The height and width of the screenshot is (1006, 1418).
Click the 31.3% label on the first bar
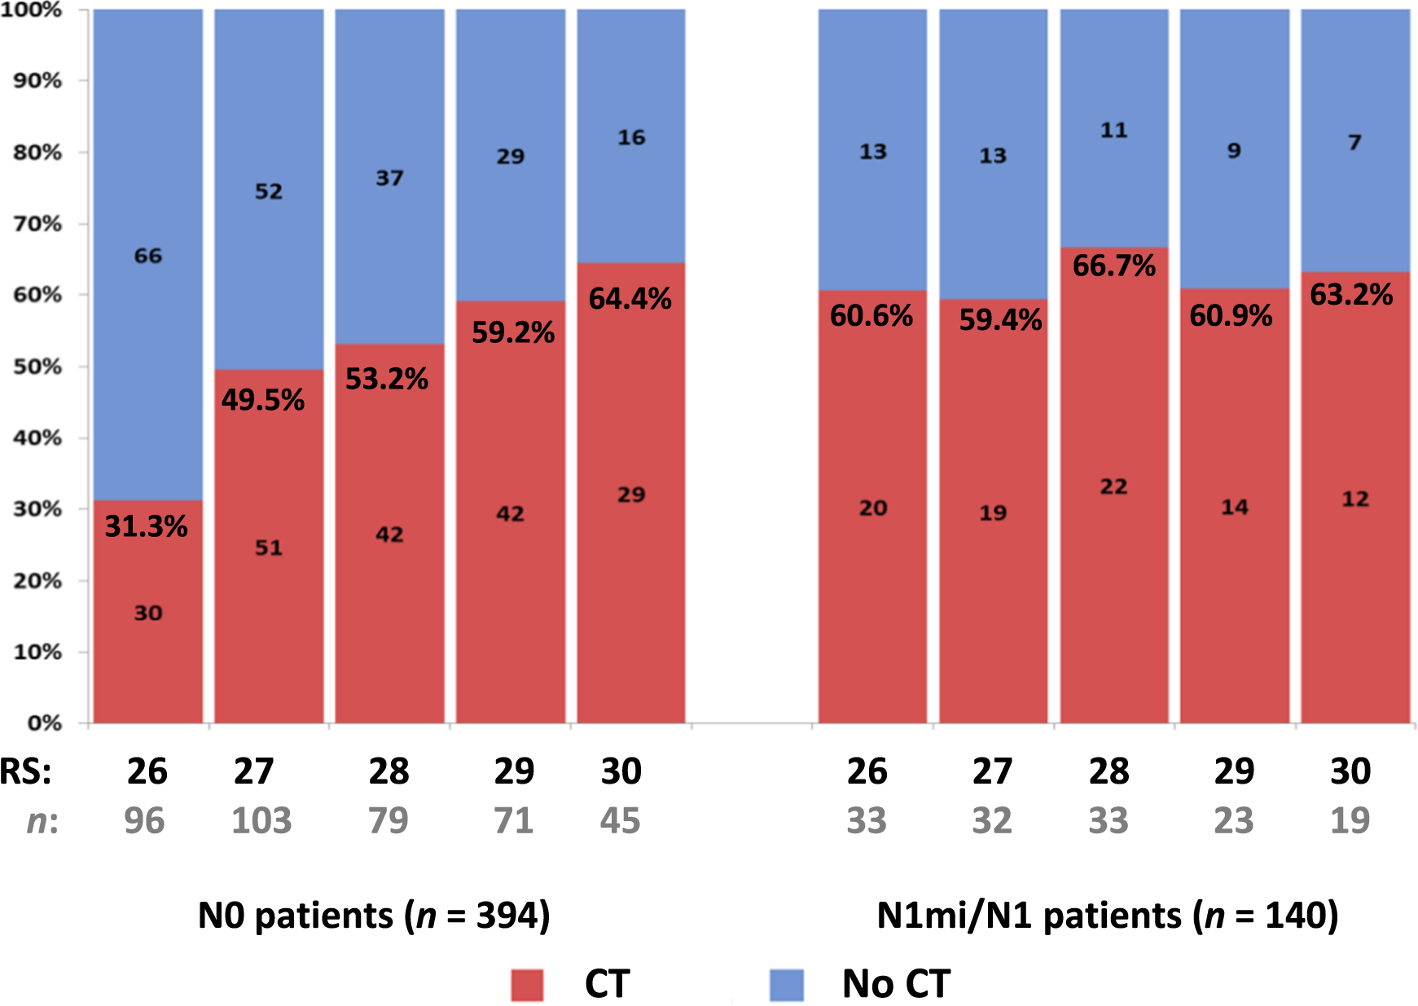pyautogui.click(x=147, y=527)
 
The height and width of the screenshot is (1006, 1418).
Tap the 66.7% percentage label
pyautogui.click(x=1113, y=266)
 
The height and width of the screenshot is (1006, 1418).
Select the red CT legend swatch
pyautogui.click(x=527, y=984)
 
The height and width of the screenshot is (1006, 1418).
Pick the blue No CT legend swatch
pyautogui.click(x=786, y=984)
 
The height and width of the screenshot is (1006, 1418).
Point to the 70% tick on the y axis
pyautogui.click(x=37, y=223)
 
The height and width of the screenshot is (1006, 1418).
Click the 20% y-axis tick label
pyautogui.click(x=37, y=581)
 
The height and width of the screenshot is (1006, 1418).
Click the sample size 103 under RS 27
pyautogui.click(x=261, y=820)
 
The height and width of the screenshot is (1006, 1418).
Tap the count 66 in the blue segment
pyautogui.click(x=148, y=256)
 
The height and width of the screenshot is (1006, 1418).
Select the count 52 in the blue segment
pyautogui.click(x=269, y=191)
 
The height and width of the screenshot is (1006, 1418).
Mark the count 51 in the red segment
pyautogui.click(x=269, y=547)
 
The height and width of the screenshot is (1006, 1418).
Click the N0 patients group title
pyautogui.click(x=374, y=916)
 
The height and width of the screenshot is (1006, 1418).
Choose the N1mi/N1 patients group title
pyautogui.click(x=1107, y=916)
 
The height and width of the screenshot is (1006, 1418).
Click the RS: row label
pyautogui.click(x=26, y=771)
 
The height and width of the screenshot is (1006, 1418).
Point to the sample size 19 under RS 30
pyautogui.click(x=1350, y=820)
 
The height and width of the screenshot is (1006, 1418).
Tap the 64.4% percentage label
pyautogui.click(x=630, y=299)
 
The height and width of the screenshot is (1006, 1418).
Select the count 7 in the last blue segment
pyautogui.click(x=1354, y=143)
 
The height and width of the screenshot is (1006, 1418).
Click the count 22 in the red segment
pyautogui.click(x=1113, y=487)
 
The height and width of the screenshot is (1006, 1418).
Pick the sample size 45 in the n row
pyautogui.click(x=620, y=820)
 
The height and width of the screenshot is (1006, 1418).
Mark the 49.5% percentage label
pyautogui.click(x=262, y=400)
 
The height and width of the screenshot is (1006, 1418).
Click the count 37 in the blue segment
pyautogui.click(x=389, y=178)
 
